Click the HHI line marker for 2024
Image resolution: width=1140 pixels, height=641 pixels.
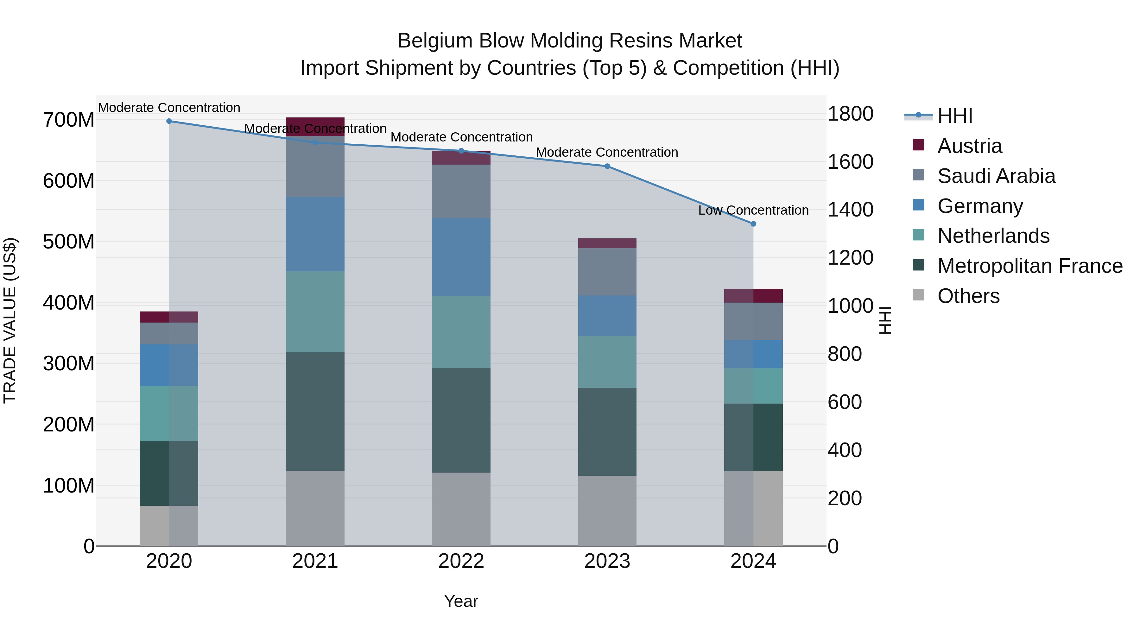click(753, 224)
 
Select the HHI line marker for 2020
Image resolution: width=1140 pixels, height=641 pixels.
click(169, 121)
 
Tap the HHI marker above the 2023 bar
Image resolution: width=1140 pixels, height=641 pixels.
click(607, 166)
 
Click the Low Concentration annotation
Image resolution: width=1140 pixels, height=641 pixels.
click(753, 210)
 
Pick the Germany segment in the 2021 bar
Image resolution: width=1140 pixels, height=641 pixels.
click(315, 234)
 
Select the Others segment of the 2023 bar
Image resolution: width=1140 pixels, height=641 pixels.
click(607, 511)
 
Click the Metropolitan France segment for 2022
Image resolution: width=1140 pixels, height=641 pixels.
click(461, 420)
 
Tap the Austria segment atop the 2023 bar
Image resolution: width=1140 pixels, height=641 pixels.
click(607, 243)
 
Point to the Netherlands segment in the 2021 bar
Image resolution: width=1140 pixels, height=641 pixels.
click(315, 312)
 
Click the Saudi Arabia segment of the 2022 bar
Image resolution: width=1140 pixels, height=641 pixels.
click(461, 191)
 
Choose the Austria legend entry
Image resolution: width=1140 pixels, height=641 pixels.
click(969, 146)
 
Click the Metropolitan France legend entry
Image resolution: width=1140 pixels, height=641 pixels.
click(1029, 266)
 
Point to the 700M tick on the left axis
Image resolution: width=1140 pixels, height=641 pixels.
click(69, 120)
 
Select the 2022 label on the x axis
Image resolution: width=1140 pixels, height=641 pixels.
click(461, 561)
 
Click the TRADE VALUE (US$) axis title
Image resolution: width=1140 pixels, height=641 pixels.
click(10, 320)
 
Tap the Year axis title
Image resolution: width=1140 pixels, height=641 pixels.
click(461, 601)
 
